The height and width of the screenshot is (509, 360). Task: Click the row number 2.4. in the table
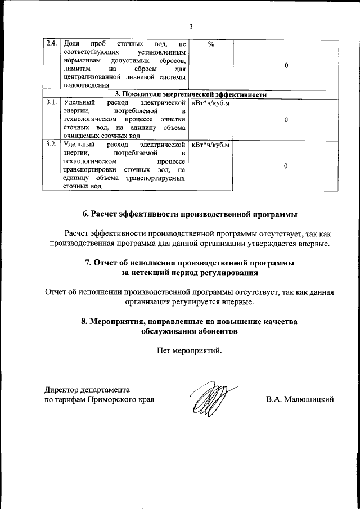(51, 44)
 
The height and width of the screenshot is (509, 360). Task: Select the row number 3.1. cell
(51, 103)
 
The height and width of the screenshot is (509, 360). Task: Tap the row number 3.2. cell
(51, 145)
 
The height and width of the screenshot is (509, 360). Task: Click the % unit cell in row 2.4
(211, 44)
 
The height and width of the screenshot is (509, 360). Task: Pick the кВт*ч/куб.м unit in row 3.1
(211, 103)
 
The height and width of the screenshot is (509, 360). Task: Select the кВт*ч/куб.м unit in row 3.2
(211, 145)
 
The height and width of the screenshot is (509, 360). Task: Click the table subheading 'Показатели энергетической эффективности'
(191, 94)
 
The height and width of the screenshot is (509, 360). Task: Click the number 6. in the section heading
(86, 214)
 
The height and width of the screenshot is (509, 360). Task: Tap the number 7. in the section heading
(89, 263)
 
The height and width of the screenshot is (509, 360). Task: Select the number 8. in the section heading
(85, 321)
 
